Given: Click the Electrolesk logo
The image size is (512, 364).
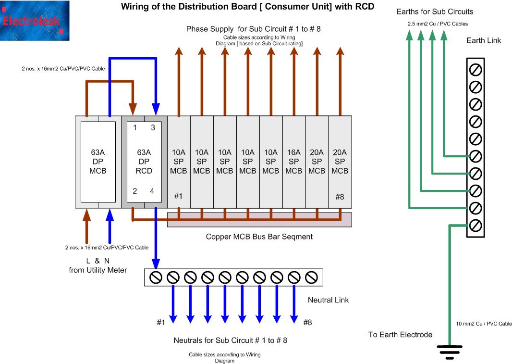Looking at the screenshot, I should (x=35, y=21).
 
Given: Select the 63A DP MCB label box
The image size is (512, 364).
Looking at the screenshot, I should (x=98, y=162).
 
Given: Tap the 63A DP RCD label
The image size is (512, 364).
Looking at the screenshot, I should (x=144, y=162).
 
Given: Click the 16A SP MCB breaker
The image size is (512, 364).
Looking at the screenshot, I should (x=294, y=162).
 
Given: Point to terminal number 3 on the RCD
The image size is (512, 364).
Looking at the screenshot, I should (x=153, y=128).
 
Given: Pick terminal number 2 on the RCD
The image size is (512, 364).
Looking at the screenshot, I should (x=135, y=191).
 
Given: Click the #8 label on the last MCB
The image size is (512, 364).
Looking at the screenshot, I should (x=340, y=197).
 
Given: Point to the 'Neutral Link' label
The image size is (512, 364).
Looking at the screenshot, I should (x=328, y=300).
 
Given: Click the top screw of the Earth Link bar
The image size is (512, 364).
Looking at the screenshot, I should (x=475, y=70).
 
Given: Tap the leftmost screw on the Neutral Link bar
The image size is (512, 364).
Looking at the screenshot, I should (x=156, y=277).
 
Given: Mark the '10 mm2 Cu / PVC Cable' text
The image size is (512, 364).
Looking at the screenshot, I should (x=484, y=324).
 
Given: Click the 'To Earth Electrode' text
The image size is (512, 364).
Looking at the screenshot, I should (x=400, y=335).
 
